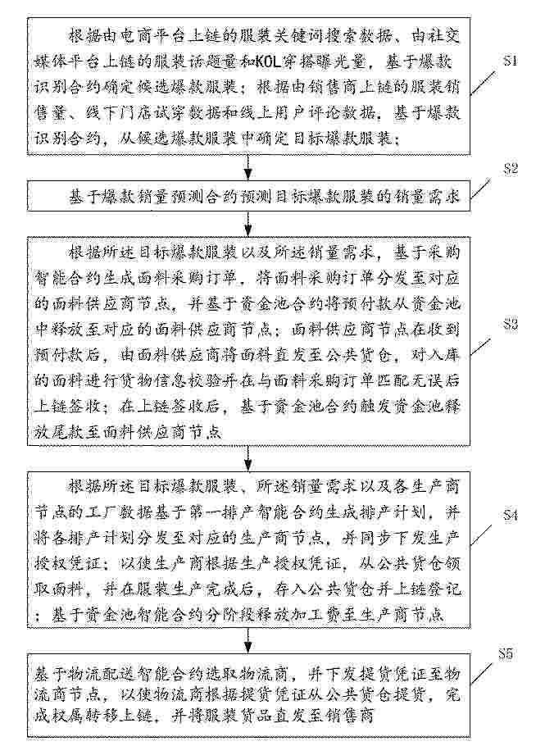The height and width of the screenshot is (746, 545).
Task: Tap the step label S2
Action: click(510, 170)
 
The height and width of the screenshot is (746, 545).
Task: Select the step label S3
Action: click(510, 325)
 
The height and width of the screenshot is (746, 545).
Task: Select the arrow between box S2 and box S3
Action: click(248, 222)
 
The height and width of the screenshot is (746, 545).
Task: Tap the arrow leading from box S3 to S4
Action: click(248, 457)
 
